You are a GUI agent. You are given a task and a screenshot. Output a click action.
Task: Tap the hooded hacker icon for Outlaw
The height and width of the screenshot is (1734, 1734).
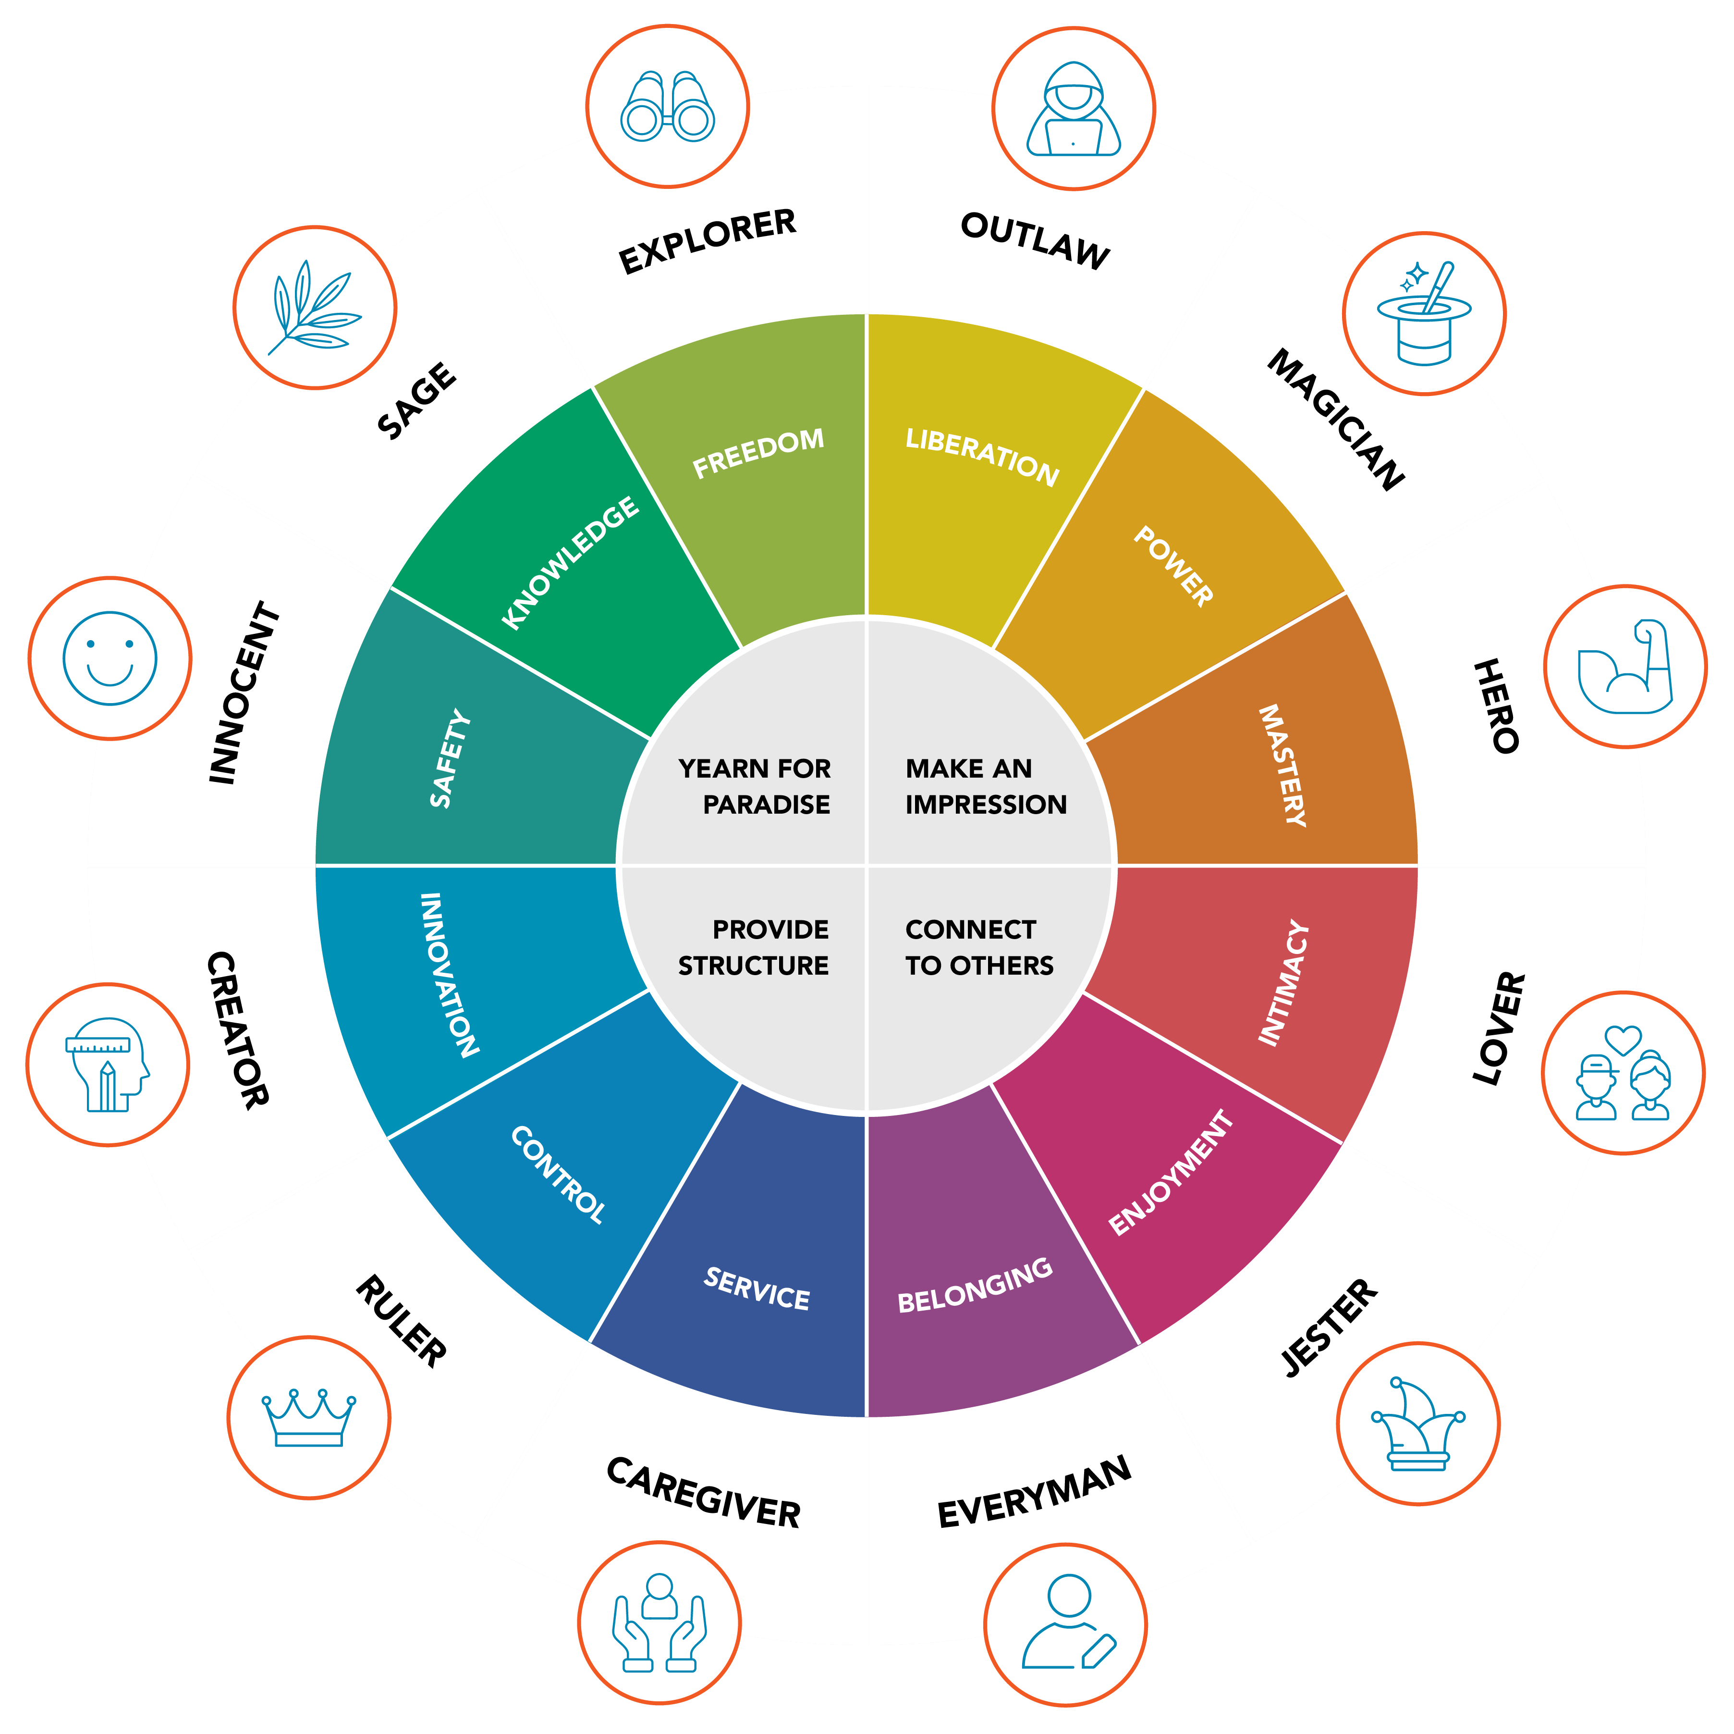[1074, 110]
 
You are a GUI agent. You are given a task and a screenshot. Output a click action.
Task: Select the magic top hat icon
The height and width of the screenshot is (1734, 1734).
[1423, 314]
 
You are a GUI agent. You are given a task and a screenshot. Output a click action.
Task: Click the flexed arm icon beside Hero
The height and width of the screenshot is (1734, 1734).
[1624, 666]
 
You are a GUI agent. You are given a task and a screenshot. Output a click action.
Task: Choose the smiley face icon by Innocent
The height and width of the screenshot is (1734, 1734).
[110, 658]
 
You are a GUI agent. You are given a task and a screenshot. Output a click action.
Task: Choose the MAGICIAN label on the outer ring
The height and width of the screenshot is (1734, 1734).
[1335, 420]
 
